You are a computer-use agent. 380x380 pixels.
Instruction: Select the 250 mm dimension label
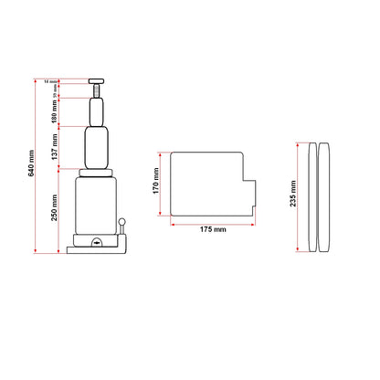(55, 212)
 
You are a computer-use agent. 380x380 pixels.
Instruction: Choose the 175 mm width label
(212, 229)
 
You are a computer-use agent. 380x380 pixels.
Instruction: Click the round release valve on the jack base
(97, 242)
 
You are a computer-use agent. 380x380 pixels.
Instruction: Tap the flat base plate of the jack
(97, 248)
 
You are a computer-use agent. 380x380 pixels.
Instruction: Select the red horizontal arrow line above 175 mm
(212, 220)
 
